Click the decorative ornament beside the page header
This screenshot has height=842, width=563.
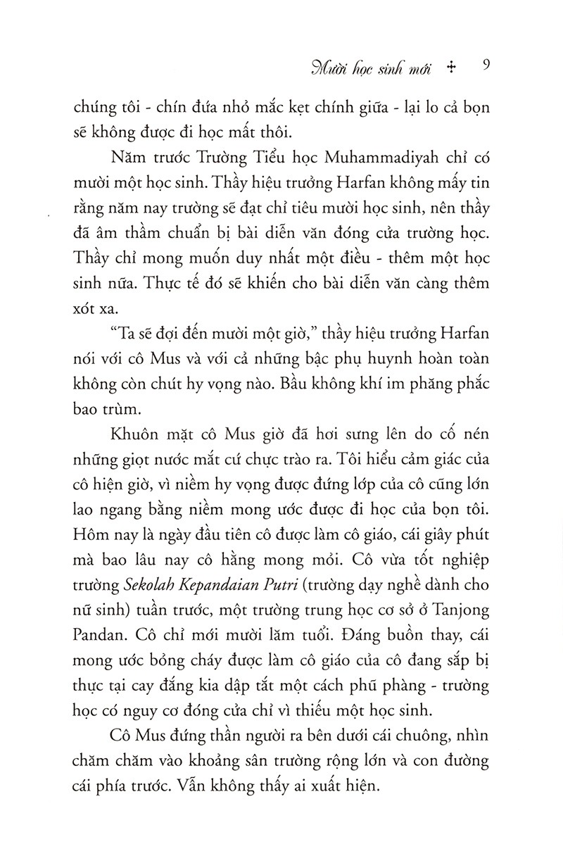pos(452,68)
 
